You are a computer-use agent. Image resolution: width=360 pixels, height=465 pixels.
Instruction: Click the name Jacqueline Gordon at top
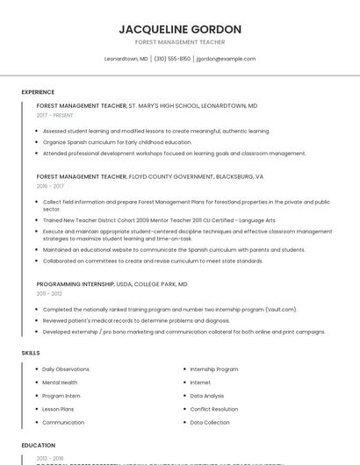[180, 29]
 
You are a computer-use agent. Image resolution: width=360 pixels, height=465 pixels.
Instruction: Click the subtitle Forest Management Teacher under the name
[180, 42]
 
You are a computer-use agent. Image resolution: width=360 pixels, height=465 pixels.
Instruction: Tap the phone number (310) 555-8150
[172, 59]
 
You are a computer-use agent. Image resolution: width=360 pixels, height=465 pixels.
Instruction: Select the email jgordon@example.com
[226, 59]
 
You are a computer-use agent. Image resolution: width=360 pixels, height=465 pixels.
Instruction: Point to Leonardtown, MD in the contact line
[126, 59]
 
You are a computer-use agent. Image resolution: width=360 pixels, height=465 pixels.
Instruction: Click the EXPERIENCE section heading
[38, 92]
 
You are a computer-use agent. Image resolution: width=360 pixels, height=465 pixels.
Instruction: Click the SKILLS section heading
[31, 352]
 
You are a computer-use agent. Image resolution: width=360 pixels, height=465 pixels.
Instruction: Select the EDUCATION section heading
[39, 445]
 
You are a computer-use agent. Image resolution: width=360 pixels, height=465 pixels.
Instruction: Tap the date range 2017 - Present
[55, 115]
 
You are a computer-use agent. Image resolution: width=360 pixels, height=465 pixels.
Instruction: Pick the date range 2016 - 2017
[51, 186]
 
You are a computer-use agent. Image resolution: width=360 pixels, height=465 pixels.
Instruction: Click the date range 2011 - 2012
[50, 294]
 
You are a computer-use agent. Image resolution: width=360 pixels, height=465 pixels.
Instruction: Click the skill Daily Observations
[66, 369]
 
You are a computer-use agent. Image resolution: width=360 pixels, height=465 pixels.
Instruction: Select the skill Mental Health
[60, 383]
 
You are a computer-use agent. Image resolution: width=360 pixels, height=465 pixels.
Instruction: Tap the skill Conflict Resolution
[213, 409]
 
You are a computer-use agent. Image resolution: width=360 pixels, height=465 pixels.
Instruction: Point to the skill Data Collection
[210, 422]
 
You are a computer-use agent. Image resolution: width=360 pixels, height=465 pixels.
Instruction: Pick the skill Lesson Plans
[58, 409]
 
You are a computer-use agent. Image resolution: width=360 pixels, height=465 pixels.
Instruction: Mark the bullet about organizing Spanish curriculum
[117, 141]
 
